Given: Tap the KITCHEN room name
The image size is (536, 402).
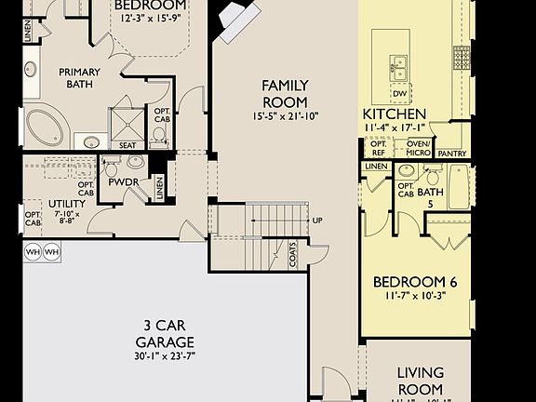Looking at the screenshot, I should (x=394, y=114).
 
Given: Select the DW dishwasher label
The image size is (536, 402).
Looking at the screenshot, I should (x=399, y=93).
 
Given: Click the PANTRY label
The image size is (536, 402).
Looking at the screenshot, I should (x=451, y=153).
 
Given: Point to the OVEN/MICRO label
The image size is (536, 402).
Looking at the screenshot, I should (x=418, y=148).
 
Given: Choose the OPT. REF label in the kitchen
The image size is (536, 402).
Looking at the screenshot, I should (x=379, y=148).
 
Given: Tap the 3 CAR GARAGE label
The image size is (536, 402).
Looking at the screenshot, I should (x=169, y=334).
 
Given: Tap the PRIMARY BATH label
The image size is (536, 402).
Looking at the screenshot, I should (x=79, y=78).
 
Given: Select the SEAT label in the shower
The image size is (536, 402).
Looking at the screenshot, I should (x=127, y=145).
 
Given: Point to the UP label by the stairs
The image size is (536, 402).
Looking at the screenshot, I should (x=318, y=221).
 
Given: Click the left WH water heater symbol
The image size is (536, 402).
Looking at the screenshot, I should (x=31, y=251).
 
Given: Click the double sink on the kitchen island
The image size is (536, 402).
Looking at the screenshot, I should (x=398, y=67).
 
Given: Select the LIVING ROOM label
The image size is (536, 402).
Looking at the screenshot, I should (x=420, y=380).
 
